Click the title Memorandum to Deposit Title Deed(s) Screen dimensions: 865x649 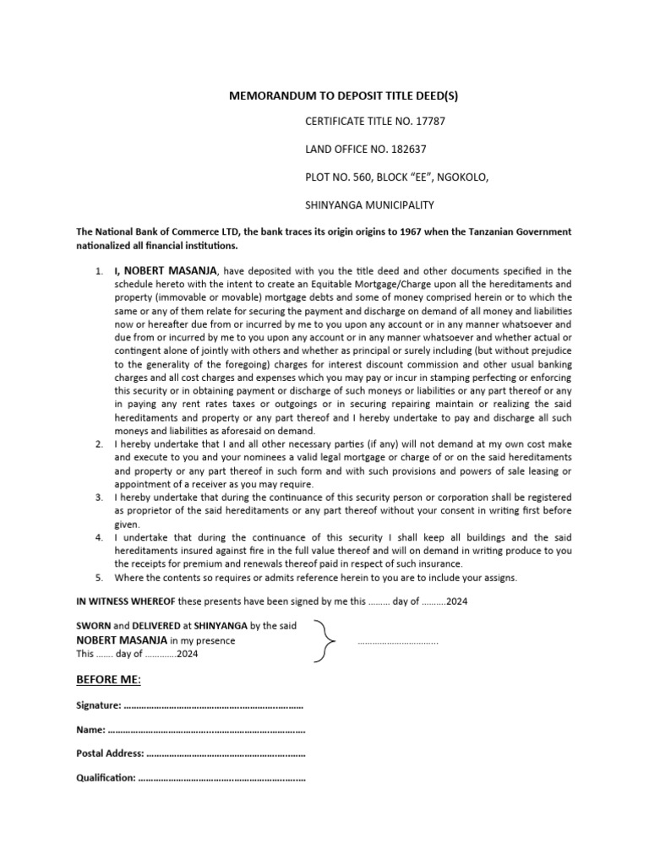343,96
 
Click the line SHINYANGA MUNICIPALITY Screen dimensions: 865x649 369,204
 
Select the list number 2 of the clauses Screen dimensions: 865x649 99,443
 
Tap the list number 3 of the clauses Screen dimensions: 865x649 99,498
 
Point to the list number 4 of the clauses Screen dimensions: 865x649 99,537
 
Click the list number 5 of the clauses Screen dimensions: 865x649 99,578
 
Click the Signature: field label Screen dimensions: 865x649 99,705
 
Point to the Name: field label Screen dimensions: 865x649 90,729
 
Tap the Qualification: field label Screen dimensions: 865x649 106,778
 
